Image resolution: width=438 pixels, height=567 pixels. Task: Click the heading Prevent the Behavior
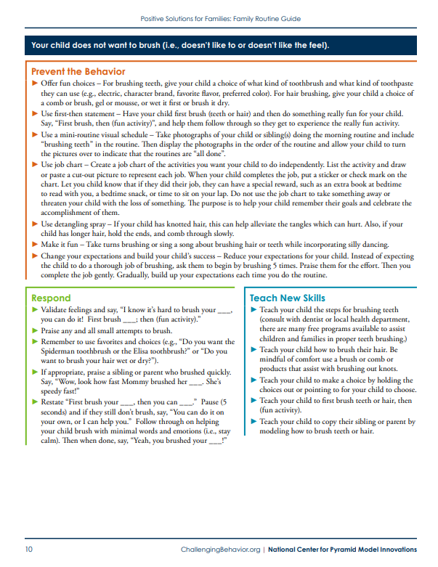coord(78,72)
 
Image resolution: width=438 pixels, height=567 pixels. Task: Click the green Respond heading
coord(51,298)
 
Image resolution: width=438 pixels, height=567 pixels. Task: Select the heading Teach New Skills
coord(287,298)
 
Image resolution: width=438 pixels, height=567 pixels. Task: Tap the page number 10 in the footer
coord(29,550)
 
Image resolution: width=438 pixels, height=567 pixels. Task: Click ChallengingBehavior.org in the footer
coord(219,550)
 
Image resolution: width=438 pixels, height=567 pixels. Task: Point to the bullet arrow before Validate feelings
coord(35,310)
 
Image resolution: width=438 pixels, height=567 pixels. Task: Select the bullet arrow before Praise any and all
coord(35,330)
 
